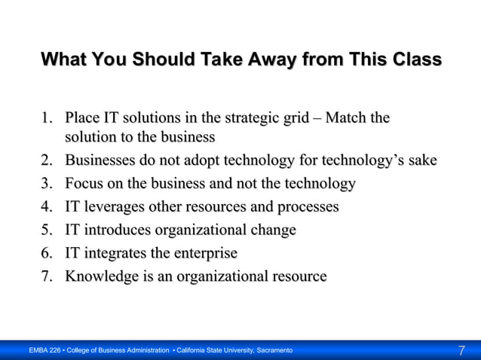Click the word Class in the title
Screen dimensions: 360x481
(414, 59)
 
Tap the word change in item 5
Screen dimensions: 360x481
(274, 230)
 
